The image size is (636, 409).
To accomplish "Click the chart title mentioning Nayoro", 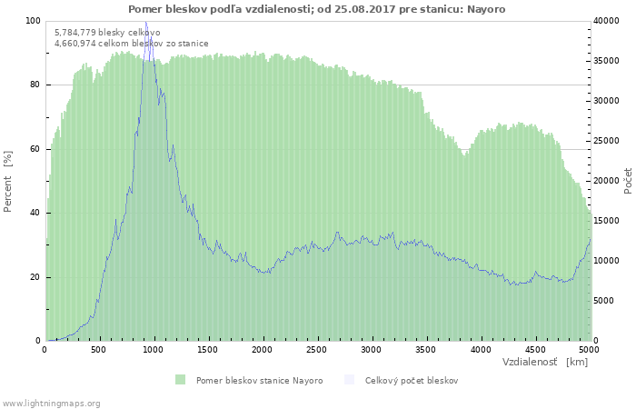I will [317, 9].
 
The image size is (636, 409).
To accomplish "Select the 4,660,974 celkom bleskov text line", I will [131, 43].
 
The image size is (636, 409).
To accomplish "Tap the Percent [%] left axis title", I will [8, 180].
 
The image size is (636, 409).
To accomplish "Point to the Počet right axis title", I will [628, 180].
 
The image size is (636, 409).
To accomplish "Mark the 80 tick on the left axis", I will [35, 85].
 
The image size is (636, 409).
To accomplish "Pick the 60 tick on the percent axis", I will [35, 149].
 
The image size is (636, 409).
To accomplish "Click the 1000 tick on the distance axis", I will [154, 349].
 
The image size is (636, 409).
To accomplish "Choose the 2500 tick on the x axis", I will [317, 349].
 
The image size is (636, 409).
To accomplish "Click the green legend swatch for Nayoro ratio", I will [180, 380].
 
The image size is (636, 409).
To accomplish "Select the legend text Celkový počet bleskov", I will [412, 380].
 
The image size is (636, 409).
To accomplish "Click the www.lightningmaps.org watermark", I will [52, 403].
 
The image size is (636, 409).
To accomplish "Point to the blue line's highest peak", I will [145, 22].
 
